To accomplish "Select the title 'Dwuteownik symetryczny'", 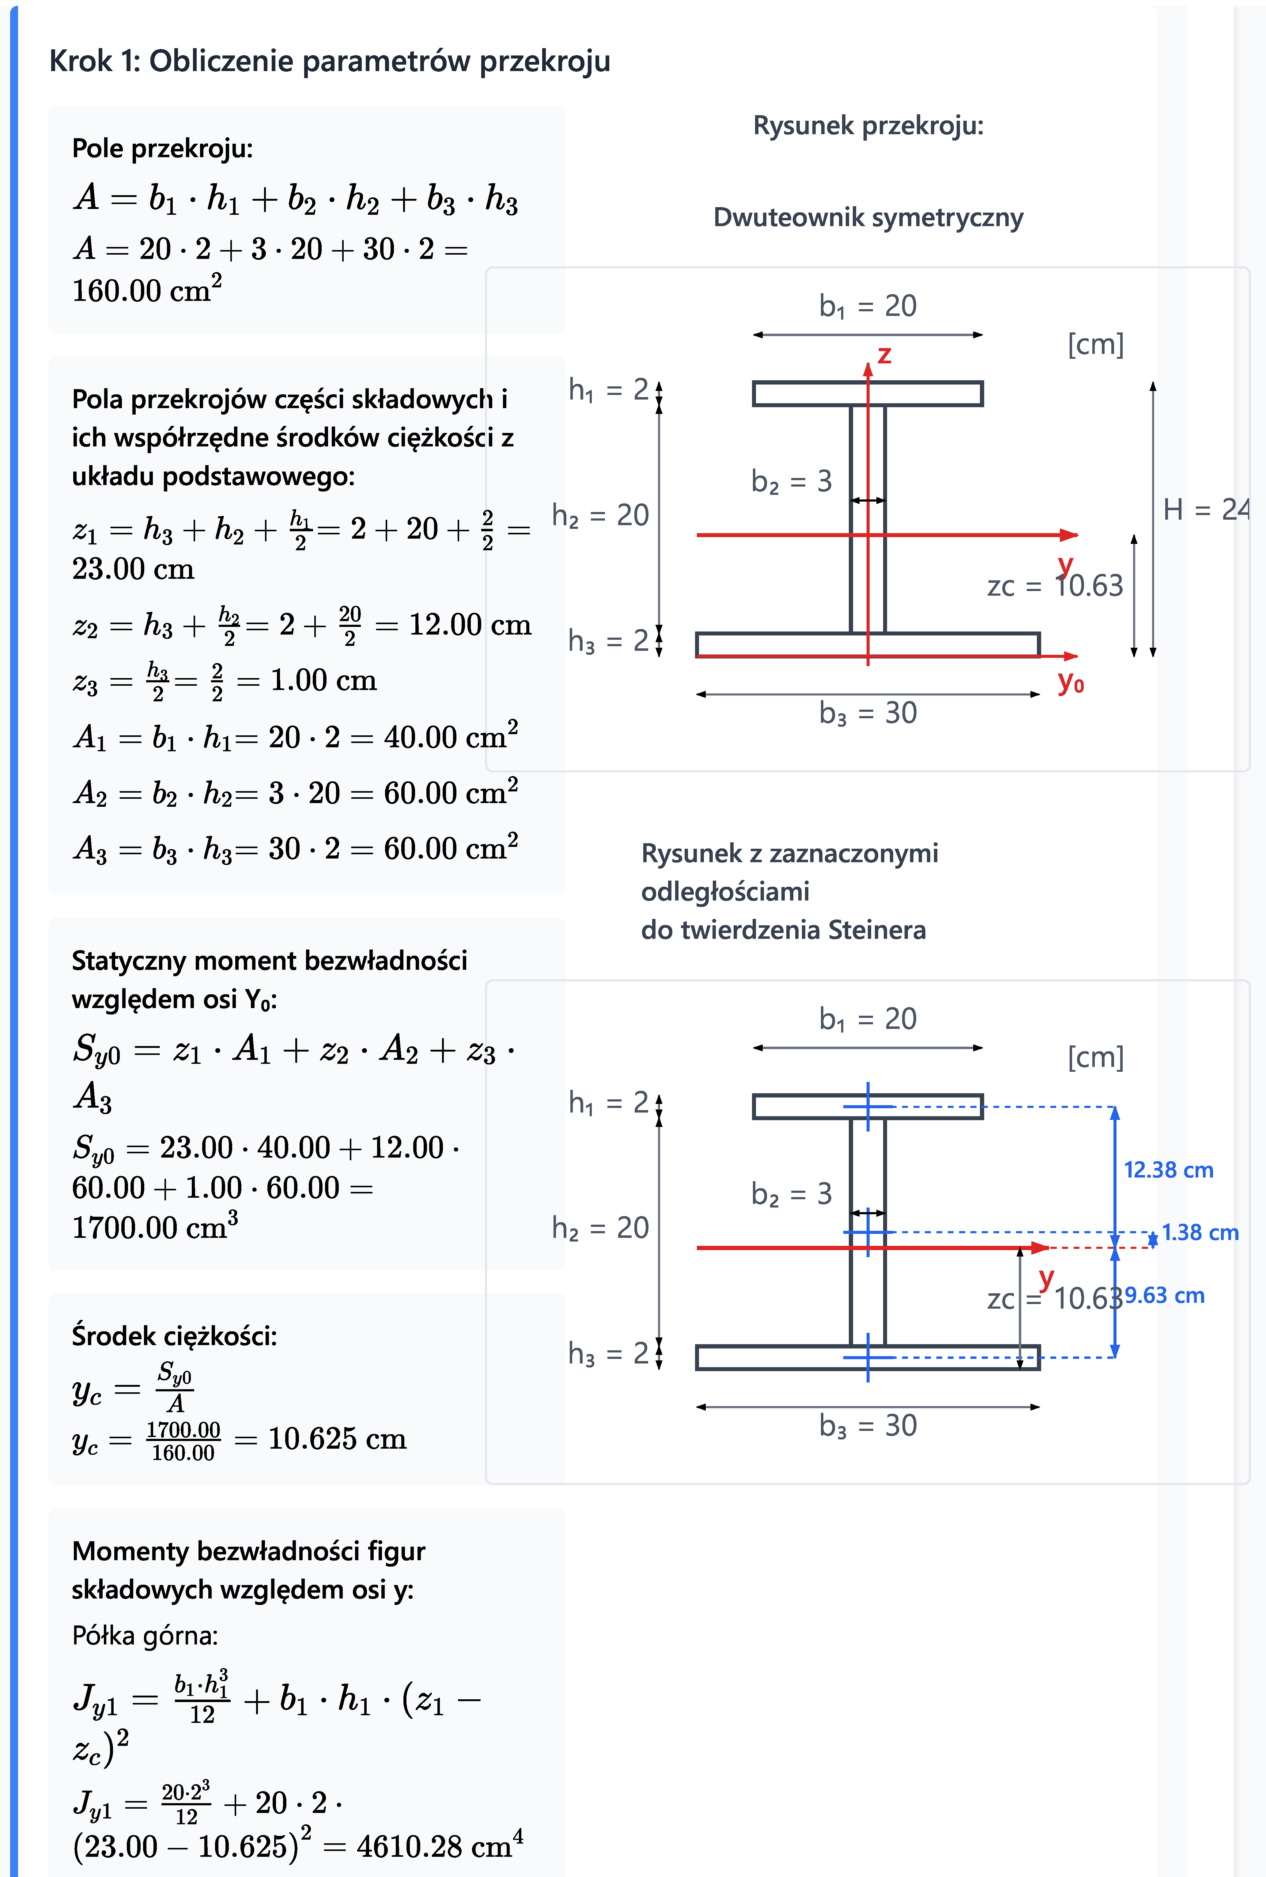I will tap(868, 217).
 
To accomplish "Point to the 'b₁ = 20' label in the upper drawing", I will tap(868, 306).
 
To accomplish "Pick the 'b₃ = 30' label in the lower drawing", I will tap(868, 1425).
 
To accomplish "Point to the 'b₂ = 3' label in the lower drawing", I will tap(791, 1194).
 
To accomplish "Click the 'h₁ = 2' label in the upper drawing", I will tap(609, 390).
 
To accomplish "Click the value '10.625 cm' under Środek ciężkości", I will tap(337, 1439).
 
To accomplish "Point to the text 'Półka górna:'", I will tap(145, 1636).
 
